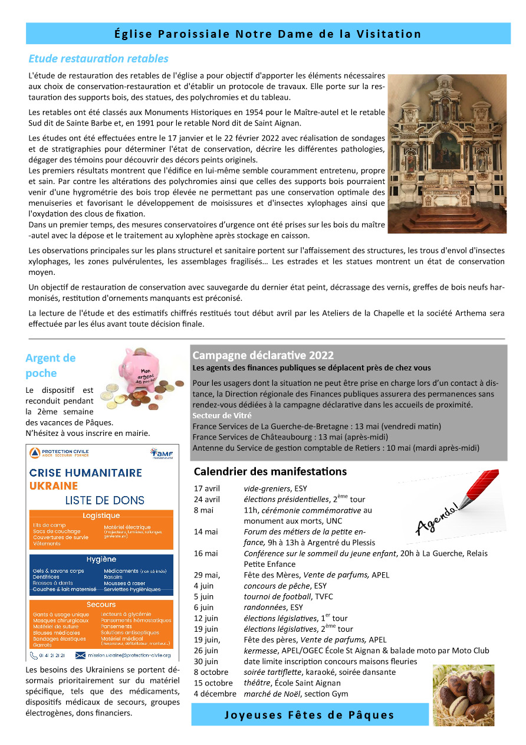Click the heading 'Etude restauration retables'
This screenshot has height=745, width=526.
[x=98, y=58]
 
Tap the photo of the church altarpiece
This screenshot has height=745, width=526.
[x=446, y=153]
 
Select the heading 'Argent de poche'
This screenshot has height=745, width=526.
[x=51, y=365]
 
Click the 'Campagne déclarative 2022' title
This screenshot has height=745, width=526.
[x=263, y=355]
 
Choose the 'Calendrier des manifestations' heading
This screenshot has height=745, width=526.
[x=270, y=471]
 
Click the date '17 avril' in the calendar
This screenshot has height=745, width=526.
[x=207, y=488]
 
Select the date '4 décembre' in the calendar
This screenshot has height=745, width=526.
[x=214, y=694]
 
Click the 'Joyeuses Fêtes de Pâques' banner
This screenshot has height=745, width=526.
[x=310, y=715]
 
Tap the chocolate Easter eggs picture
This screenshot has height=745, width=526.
[x=463, y=695]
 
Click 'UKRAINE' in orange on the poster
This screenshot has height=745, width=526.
[x=54, y=485]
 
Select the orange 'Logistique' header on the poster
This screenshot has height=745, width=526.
[x=101, y=516]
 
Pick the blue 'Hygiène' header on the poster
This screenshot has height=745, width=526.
[x=101, y=559]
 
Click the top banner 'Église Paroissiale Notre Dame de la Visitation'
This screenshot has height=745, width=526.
[x=268, y=34]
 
